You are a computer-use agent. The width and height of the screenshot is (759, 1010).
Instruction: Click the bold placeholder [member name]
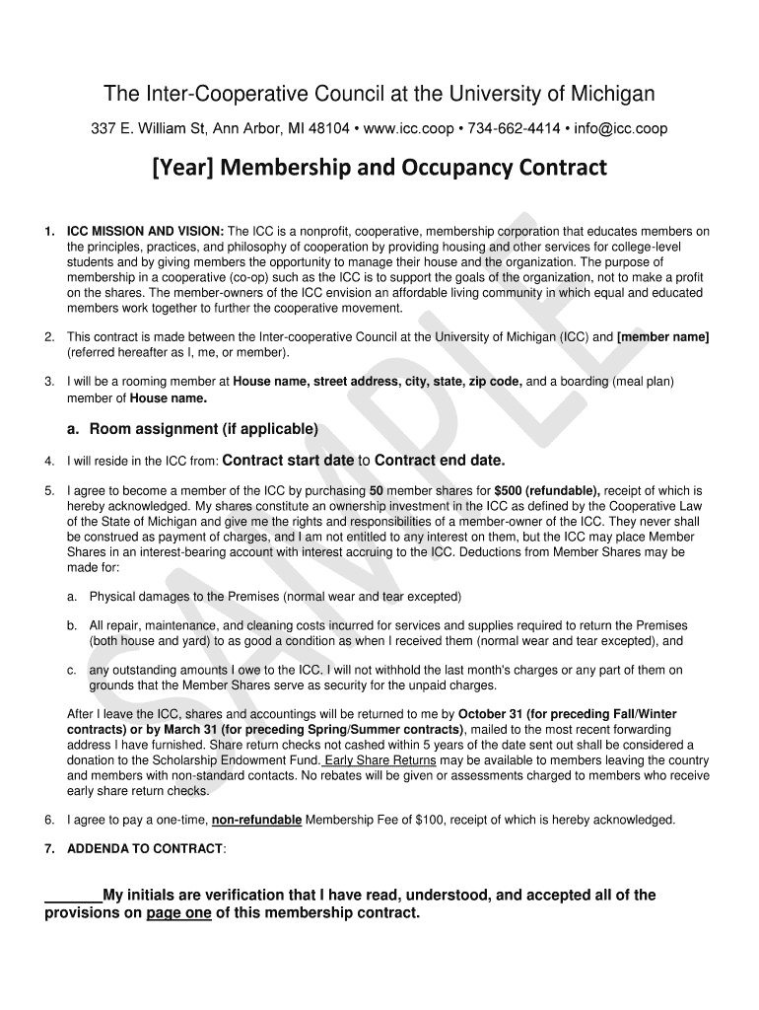(662, 336)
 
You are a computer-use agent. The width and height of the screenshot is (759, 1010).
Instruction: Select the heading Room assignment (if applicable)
(203, 429)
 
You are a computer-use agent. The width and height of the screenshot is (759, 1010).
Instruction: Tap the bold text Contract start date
(289, 460)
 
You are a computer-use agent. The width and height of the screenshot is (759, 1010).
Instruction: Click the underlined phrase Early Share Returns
(380, 760)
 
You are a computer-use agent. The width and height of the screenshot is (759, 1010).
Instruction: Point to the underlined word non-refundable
(256, 820)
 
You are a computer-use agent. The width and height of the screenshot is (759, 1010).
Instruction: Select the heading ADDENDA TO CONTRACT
(145, 848)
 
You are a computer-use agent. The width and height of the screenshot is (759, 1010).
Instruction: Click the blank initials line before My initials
(73, 896)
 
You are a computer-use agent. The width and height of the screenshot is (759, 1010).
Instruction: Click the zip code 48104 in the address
(327, 129)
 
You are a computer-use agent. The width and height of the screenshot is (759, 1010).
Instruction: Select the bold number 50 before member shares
(377, 490)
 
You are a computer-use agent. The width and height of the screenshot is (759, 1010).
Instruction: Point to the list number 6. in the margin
(49, 820)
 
